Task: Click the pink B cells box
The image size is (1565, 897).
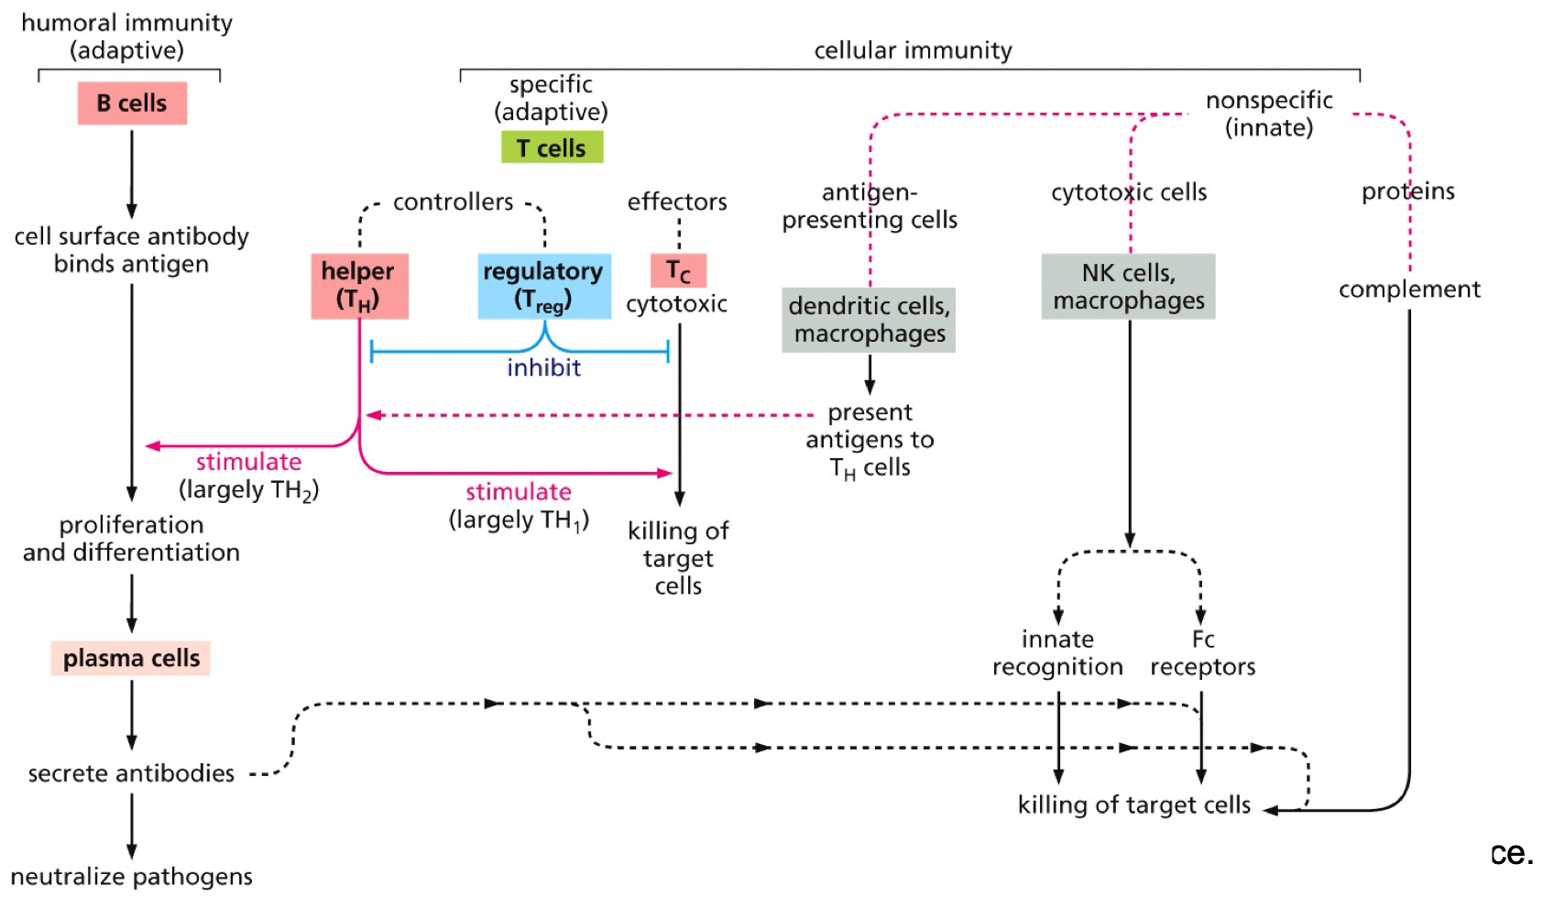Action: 132,103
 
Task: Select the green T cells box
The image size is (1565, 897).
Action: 552,148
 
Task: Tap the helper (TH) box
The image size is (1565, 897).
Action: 358,286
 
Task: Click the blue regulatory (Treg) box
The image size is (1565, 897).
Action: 543,286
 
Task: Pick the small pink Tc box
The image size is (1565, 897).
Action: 678,271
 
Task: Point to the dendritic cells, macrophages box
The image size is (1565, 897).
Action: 869,319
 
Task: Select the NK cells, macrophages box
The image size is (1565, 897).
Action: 1128,286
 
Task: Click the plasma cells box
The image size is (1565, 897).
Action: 131,658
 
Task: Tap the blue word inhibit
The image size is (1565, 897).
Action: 543,367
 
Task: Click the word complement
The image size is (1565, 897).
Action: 1408,290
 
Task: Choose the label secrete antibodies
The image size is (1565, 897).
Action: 131,773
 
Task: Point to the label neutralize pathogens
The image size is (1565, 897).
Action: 131,877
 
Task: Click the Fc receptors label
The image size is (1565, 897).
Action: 1202,652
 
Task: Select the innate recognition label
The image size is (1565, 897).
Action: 1057,652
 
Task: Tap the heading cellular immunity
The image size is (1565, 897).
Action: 913,50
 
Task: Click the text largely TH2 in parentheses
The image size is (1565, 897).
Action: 248,490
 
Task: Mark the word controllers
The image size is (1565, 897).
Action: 453,202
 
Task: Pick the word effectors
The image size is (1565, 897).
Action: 677,202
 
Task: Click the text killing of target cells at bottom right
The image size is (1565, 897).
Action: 1133,804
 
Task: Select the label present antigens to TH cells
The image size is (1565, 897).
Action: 870,440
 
